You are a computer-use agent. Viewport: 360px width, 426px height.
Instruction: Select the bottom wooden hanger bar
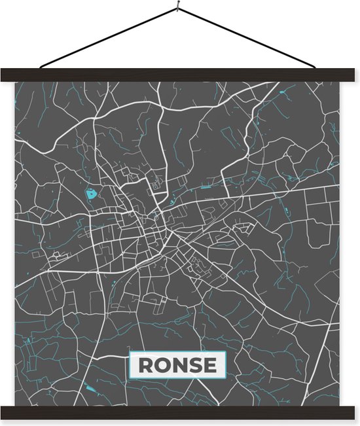(180, 412)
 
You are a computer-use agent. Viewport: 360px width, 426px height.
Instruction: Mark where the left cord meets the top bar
(41, 68)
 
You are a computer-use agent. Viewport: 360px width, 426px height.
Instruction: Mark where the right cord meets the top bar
(319, 68)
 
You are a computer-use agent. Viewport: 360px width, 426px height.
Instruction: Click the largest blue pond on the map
(90, 194)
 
